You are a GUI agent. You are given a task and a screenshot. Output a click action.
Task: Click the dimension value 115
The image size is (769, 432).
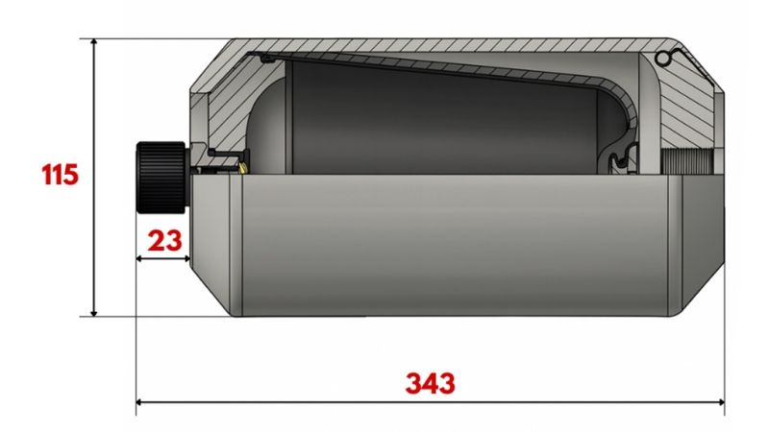[x=60, y=177]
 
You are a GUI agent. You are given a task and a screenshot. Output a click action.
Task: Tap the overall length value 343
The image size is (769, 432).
[x=429, y=384]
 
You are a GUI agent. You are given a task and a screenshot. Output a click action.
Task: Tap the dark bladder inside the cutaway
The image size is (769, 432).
[x=433, y=120]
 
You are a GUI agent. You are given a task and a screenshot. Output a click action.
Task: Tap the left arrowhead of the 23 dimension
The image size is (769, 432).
[x=141, y=258]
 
